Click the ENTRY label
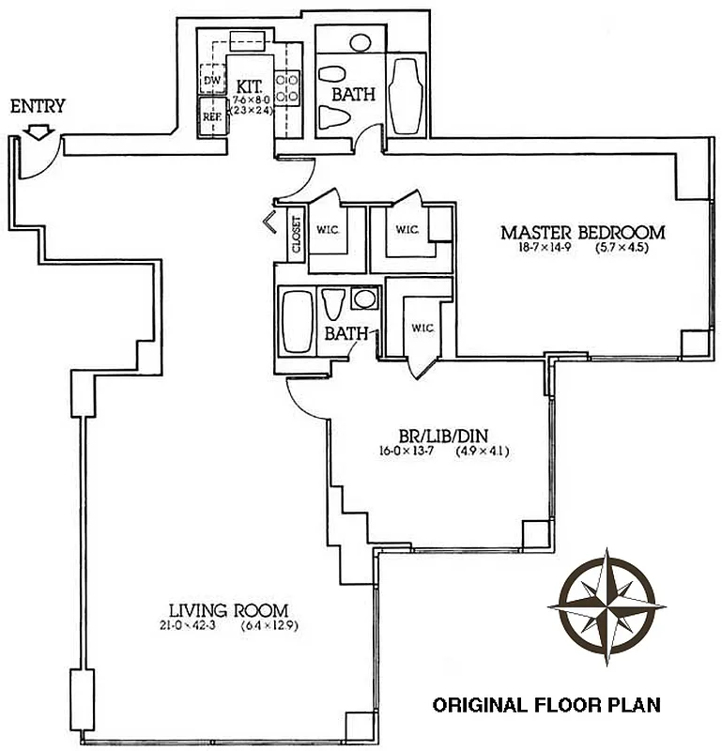38,106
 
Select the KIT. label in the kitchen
249,84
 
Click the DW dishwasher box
212,81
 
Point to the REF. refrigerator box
212,116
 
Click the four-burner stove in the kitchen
287,87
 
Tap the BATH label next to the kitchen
353,94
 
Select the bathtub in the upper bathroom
406,97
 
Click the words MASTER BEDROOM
582,232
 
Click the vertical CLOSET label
297,234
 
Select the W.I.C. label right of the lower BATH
420,328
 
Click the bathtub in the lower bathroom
297,322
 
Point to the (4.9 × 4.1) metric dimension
482,451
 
